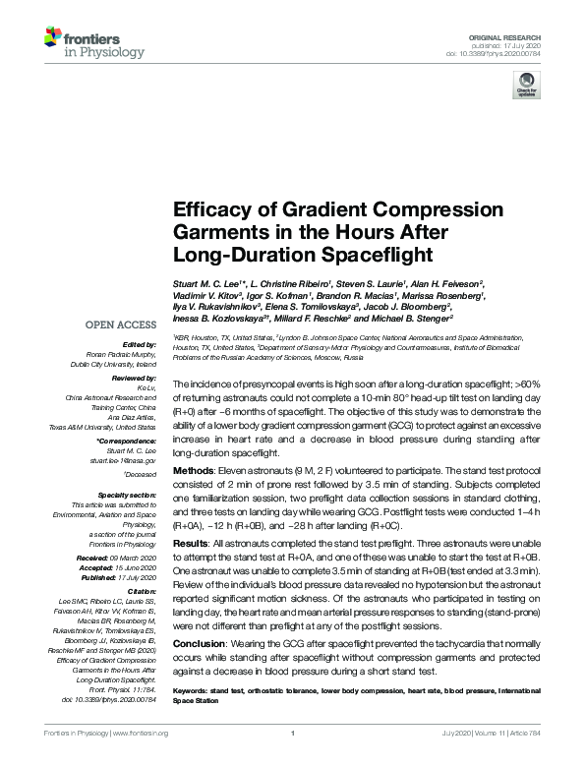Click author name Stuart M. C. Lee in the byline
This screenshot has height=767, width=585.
[x=208, y=283]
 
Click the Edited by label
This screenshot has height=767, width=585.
[x=139, y=345]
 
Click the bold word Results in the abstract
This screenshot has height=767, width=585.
[x=190, y=543]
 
